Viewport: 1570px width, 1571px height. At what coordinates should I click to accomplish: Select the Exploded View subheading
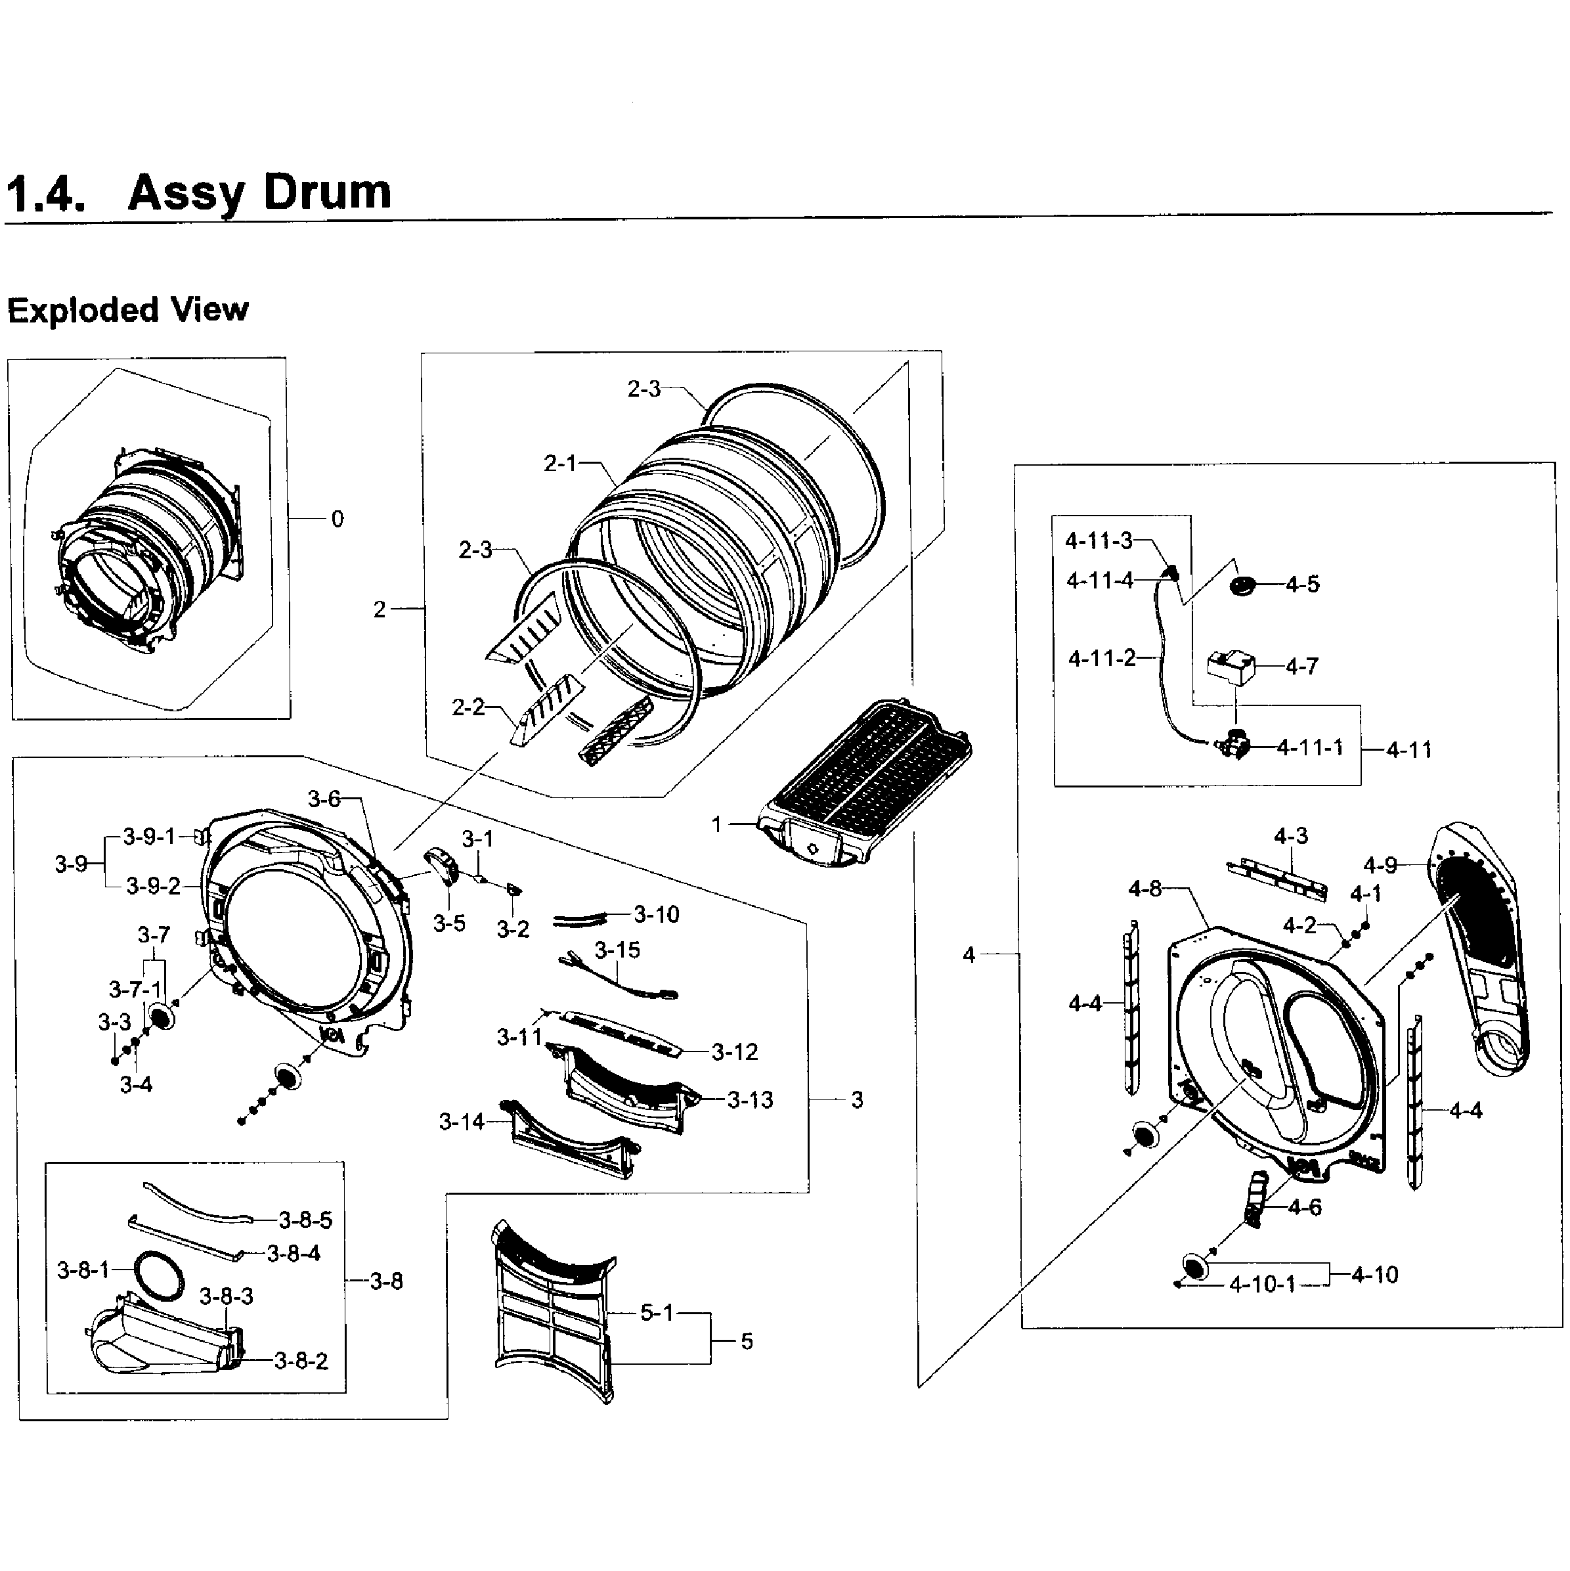pos(127,310)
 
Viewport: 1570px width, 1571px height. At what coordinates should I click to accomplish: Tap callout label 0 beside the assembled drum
pos(338,519)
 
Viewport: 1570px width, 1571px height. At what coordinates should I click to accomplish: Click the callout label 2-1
pos(559,464)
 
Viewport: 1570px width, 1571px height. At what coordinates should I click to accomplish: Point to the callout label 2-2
pos(468,707)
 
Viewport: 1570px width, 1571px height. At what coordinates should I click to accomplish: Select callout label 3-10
pos(656,914)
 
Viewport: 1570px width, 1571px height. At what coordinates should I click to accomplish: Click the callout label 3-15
pos(617,950)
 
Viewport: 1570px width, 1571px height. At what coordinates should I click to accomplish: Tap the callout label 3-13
pos(750,1099)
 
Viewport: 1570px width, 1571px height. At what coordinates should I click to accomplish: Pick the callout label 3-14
pos(461,1122)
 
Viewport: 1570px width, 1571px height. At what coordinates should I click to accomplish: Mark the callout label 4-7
pos(1301,667)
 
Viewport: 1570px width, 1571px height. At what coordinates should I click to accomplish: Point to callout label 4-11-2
pos(1102,658)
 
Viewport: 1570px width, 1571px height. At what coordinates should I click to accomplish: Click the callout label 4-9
pos(1380,865)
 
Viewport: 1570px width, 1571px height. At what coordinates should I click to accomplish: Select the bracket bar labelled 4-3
pos(1276,878)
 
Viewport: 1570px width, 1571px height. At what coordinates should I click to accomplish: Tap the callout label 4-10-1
pos(1262,1285)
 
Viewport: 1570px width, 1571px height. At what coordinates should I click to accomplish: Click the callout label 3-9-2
pos(153,887)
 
